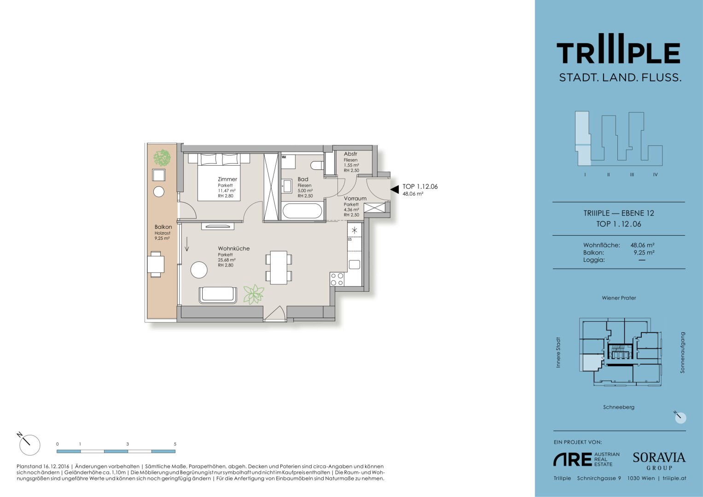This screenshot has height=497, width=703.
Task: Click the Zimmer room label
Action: (227, 179)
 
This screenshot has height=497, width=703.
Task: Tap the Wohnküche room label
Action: (234, 248)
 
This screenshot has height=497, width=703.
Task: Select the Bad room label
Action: (303, 179)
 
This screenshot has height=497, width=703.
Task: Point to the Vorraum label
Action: (355, 198)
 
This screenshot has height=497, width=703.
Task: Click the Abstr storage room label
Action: (350, 154)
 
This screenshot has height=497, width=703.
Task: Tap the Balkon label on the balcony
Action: (163, 227)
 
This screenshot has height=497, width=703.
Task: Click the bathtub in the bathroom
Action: (302, 211)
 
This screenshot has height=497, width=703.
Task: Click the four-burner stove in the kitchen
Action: (337, 279)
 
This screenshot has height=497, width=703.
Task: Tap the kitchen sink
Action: (354, 265)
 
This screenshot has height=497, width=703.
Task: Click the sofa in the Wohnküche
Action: (218, 295)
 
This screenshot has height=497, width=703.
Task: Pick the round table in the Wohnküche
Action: (199, 270)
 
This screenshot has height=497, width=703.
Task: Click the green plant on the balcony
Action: (162, 158)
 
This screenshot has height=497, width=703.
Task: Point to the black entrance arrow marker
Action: (395, 189)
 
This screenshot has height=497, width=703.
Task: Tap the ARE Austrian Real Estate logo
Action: (586, 459)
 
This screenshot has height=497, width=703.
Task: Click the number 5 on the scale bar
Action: (175, 444)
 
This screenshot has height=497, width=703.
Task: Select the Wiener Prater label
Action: (619, 298)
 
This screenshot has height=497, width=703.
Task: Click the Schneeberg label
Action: (619, 407)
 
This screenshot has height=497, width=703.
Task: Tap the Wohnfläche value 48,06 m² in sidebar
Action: (642, 245)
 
